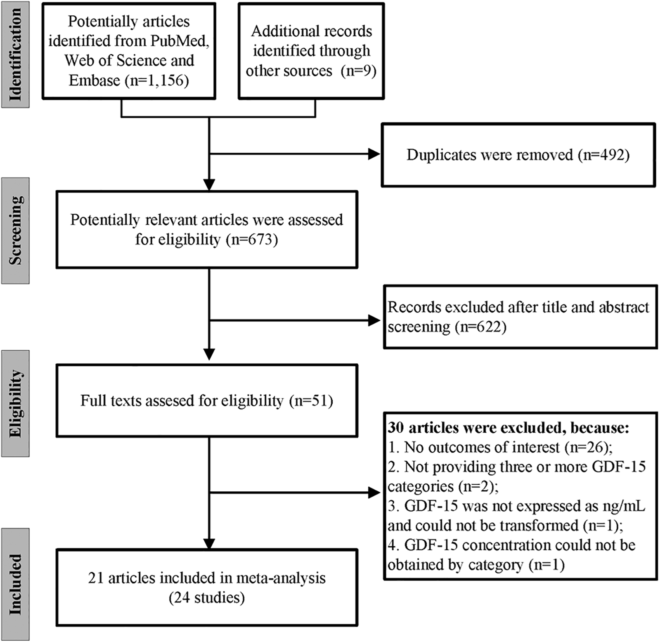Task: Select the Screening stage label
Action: tap(15, 230)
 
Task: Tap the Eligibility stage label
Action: tap(15, 403)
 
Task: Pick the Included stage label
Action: tap(15, 584)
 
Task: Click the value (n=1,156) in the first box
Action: tap(157, 81)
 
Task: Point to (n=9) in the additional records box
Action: tap(358, 71)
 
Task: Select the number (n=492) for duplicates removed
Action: tap(603, 155)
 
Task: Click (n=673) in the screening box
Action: tap(252, 239)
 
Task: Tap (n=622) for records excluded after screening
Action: tap(480, 327)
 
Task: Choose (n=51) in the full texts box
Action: tap(311, 400)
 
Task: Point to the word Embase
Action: tap(95, 81)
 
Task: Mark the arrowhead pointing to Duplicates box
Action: tap(374, 154)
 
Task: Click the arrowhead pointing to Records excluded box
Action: tap(374, 320)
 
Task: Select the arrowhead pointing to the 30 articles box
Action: tap(374, 493)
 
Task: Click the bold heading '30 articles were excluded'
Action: tap(508, 428)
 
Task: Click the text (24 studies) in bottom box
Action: tap(206, 597)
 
